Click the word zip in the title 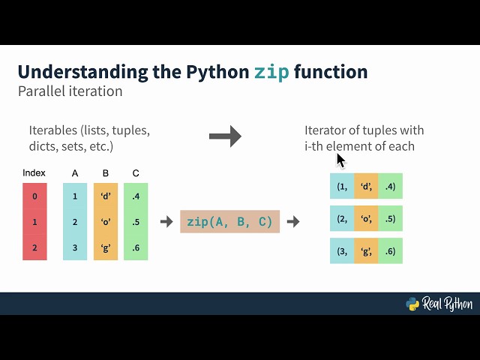271,72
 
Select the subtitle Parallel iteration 70,91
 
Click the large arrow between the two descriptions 225,136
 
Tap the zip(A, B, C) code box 229,221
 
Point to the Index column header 34,173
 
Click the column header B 106,173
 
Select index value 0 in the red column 34,196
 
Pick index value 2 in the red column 34,247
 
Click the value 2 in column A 75,222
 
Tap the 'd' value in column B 106,196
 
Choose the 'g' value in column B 106,247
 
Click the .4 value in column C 135,196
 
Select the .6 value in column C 135,247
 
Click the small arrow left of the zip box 166,222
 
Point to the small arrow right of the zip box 293,222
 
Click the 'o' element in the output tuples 366,218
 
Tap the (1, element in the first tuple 342,187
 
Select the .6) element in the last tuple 390,251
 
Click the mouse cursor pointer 340,160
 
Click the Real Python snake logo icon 412,304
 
